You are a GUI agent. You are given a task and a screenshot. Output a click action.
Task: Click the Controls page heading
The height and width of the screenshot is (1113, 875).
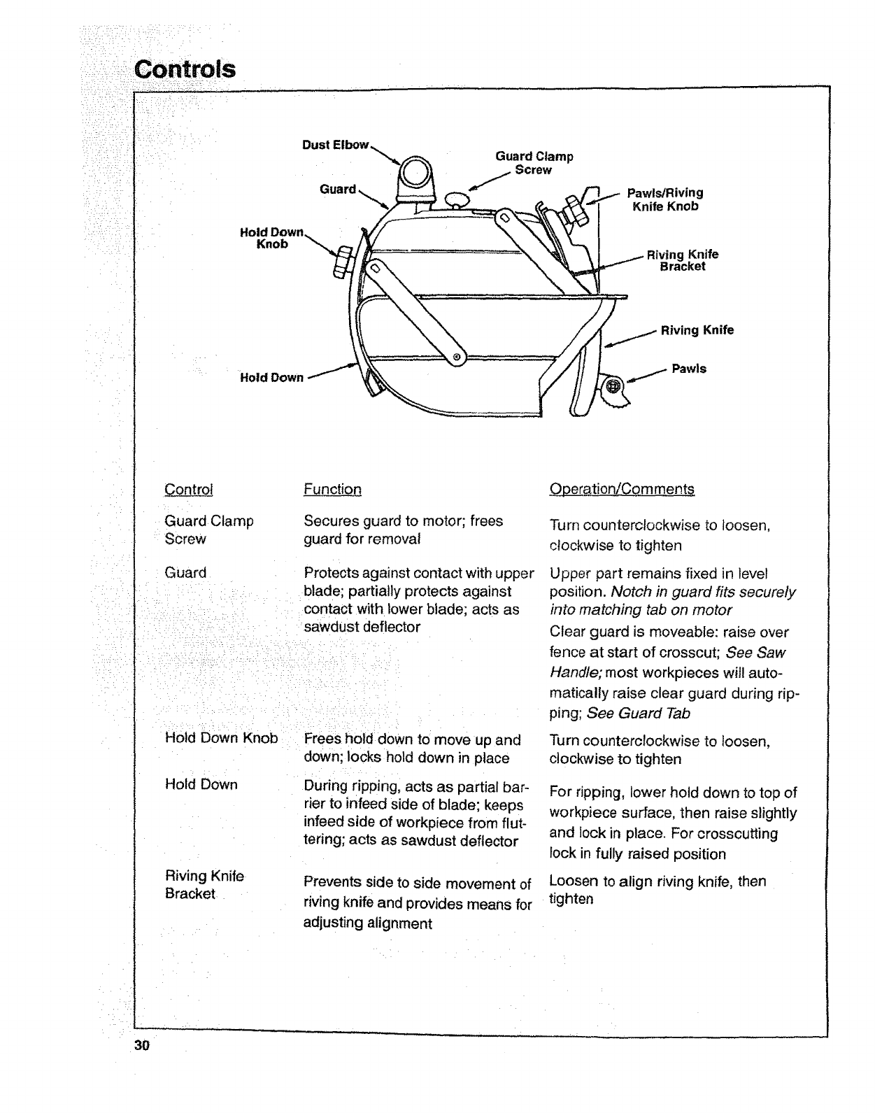coord(185,69)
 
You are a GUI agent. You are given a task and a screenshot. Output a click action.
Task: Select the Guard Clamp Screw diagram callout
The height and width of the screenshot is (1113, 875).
coord(534,163)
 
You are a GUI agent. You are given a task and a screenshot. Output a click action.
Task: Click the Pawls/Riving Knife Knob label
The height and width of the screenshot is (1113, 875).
coord(665,199)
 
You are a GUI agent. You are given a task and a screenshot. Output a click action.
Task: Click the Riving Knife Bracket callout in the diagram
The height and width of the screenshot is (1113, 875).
coord(683,260)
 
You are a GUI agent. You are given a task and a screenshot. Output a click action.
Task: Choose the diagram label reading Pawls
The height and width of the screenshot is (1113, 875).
coord(689,369)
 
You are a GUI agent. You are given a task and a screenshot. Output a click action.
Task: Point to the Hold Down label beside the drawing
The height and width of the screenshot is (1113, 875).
coord(271,378)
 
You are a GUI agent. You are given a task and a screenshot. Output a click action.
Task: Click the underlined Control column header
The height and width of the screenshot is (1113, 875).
coord(189,489)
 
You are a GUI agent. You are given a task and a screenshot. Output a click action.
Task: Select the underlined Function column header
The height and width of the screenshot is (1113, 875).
coord(332,489)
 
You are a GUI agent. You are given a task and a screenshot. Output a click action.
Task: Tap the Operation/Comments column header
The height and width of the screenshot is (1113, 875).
coord(622,489)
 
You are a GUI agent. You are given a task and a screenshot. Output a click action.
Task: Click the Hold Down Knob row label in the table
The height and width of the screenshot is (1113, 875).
coord(221,738)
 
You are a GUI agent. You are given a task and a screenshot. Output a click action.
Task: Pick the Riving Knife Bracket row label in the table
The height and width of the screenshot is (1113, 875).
coord(204,885)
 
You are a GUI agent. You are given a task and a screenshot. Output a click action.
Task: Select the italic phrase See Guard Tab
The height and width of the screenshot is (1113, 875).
coord(639,713)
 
